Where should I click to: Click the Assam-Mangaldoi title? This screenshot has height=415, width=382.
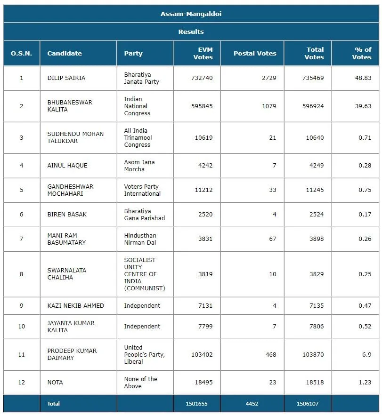point(191,14)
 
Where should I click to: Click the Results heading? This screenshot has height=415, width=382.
point(191,32)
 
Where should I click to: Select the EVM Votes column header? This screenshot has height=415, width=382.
point(203,53)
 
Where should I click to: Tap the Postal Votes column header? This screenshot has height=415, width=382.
point(255,53)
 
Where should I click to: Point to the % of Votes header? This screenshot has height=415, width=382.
point(362,53)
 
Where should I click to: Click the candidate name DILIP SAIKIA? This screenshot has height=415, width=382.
point(66,78)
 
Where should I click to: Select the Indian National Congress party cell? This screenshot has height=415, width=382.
point(137,106)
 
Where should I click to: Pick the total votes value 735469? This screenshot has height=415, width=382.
point(313,78)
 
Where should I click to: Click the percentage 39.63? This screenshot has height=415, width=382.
point(363,106)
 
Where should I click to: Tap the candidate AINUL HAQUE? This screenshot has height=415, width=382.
point(67,166)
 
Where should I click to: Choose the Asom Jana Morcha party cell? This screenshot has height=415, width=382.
point(139,166)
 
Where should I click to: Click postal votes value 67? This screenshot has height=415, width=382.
point(273,239)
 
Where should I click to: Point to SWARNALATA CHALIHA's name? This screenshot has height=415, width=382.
point(67,274)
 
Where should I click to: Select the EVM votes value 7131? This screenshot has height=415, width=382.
point(205,306)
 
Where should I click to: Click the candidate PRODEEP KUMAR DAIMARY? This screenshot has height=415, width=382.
point(72,354)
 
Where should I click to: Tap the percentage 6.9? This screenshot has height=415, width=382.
point(367,354)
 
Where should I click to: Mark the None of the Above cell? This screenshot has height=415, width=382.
point(141,383)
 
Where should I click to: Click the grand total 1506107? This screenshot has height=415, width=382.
point(308,404)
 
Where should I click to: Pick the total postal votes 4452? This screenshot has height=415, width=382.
point(252,404)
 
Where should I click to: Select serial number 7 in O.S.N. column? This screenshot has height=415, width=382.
point(22,239)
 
